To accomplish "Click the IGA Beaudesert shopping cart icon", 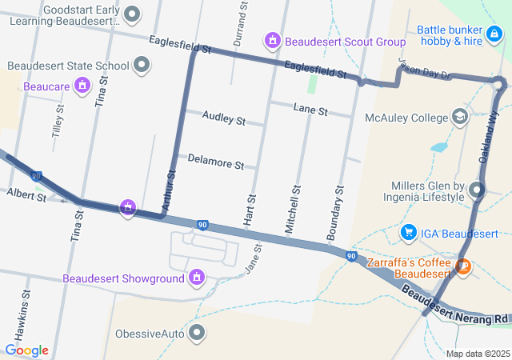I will [x=409, y=233].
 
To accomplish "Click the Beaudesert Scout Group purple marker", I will [x=273, y=40].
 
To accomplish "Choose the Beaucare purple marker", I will [x=82, y=85].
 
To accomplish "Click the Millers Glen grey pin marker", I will [x=477, y=190].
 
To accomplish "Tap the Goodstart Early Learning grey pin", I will [x=133, y=13].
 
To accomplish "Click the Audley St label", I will [x=223, y=119].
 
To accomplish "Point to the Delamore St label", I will [x=215, y=162].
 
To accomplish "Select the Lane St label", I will [x=310, y=110].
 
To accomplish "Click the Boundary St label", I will [x=335, y=214].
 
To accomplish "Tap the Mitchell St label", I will [x=293, y=209].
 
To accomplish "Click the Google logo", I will [x=26, y=350].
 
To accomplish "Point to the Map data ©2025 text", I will [x=477, y=354].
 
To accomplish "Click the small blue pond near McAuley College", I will [x=438, y=147].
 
